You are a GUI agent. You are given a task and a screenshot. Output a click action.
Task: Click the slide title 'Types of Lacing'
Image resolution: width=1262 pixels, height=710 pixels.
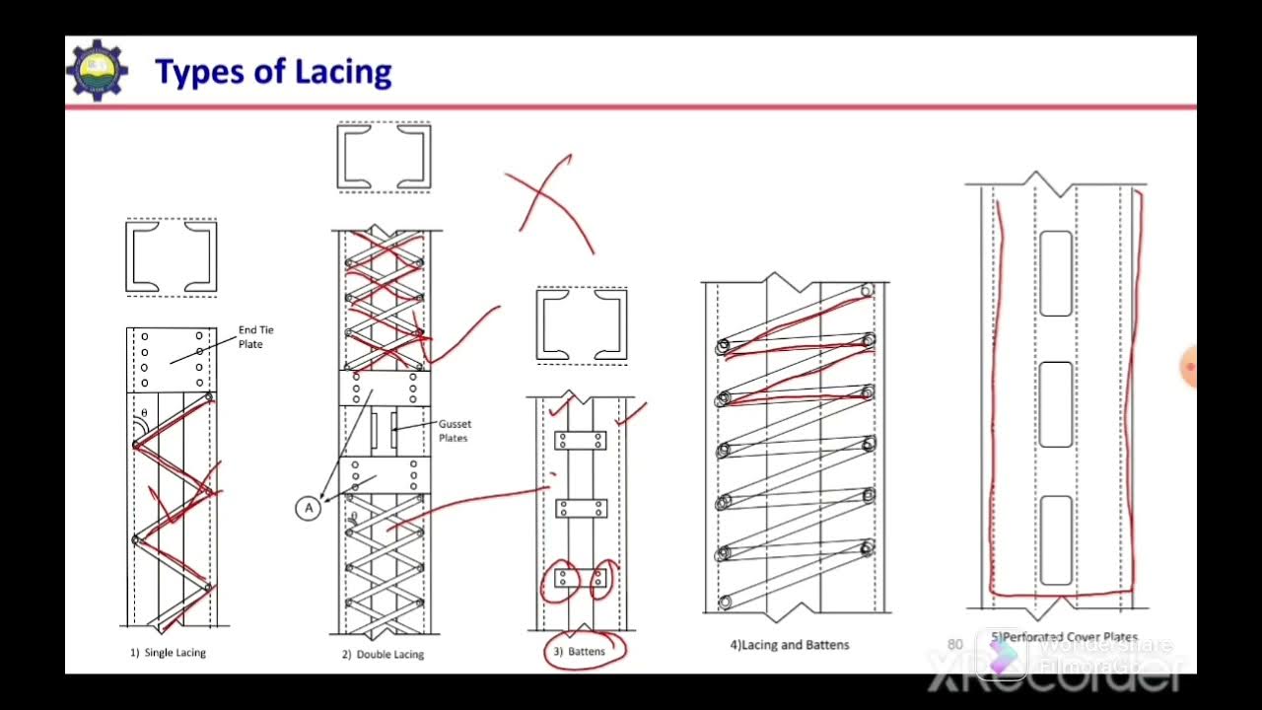click(273, 72)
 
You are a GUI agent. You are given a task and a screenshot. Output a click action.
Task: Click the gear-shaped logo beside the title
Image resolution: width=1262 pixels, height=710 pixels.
click(97, 70)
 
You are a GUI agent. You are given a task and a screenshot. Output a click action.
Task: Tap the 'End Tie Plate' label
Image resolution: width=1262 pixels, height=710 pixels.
click(254, 337)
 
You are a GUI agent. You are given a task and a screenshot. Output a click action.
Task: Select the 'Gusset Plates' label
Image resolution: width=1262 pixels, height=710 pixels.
click(454, 431)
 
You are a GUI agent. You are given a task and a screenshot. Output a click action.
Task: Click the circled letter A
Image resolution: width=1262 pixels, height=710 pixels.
click(309, 508)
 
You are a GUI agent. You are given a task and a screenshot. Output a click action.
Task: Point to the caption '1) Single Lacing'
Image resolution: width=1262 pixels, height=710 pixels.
click(168, 653)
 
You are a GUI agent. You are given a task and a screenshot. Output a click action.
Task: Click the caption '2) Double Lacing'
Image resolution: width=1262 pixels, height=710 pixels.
click(383, 654)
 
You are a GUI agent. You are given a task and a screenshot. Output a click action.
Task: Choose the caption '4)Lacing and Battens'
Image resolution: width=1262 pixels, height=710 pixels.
click(789, 645)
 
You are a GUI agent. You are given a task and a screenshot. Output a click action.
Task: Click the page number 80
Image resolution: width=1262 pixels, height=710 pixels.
click(954, 644)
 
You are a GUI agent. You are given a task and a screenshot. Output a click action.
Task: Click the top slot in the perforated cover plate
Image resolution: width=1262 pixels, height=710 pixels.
click(1056, 273)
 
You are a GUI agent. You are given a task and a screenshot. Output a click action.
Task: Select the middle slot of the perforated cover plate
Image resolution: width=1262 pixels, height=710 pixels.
click(1056, 404)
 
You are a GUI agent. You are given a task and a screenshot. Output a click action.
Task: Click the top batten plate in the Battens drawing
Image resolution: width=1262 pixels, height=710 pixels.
click(580, 441)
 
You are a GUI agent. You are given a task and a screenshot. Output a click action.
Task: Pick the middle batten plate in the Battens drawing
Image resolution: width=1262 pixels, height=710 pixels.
click(580, 509)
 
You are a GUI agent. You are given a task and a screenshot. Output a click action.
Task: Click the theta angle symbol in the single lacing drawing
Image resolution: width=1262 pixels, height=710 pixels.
click(144, 414)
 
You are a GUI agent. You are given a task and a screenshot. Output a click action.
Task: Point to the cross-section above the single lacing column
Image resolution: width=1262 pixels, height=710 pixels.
click(172, 257)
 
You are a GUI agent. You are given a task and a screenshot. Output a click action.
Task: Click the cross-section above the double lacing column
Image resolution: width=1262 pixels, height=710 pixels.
click(384, 156)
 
